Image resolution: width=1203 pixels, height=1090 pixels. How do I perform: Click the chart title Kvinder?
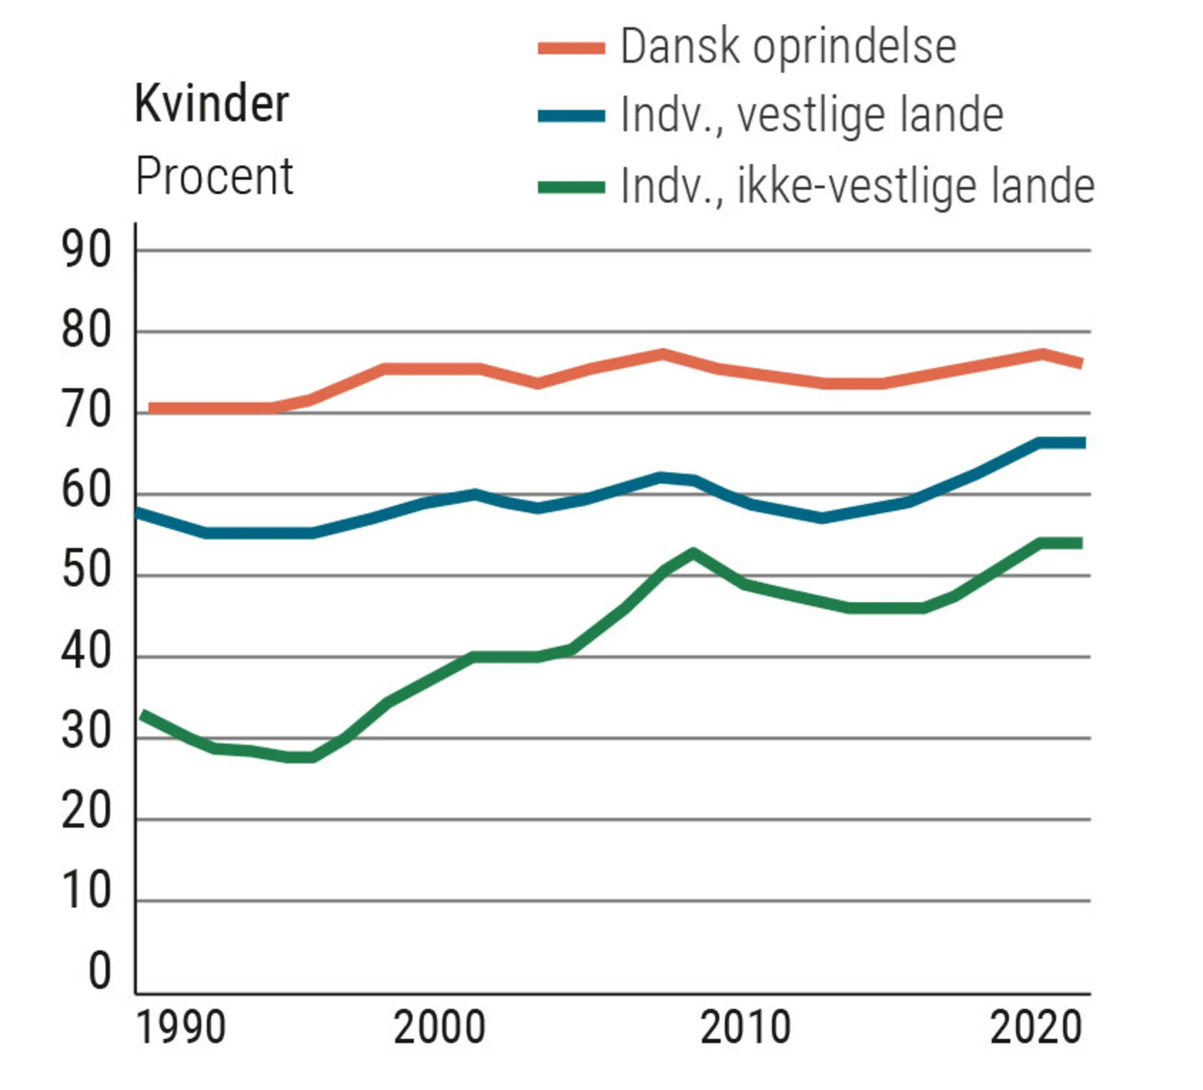click(x=212, y=104)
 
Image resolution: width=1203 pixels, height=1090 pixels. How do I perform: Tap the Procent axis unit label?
click(x=214, y=176)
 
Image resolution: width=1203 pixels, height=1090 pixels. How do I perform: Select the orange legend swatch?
click(x=571, y=48)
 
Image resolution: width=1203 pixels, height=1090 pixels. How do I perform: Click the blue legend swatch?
click(x=571, y=115)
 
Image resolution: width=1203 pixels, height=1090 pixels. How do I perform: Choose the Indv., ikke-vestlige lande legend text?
click(x=857, y=186)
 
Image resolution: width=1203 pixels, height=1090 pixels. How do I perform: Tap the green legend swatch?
click(x=571, y=187)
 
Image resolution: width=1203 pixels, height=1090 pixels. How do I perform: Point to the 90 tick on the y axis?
click(x=86, y=250)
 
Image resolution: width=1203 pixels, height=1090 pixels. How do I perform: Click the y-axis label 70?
click(x=86, y=412)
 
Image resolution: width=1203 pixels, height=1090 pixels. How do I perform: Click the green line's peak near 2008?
click(x=694, y=553)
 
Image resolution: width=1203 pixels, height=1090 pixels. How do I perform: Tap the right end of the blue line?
click(x=1081, y=443)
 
